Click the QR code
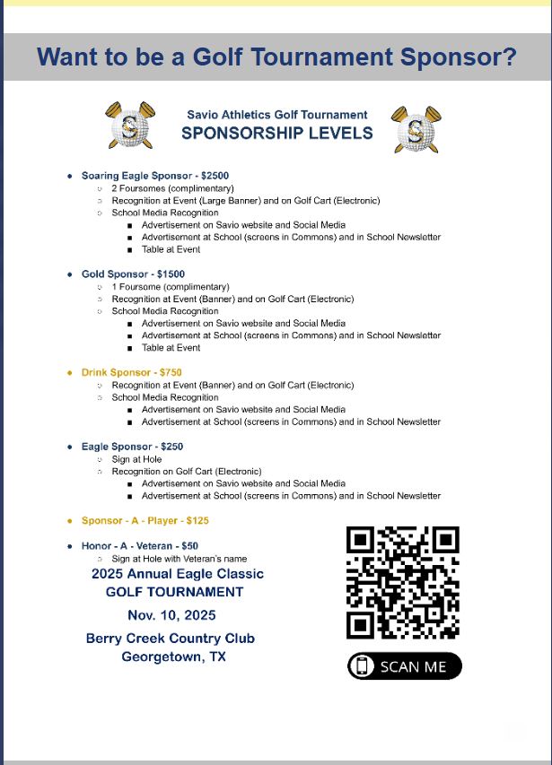coord(403,583)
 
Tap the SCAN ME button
coord(405,666)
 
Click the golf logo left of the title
coord(129,126)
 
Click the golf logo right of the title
coord(416,128)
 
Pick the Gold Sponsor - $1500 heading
coord(133,274)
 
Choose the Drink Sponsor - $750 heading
coord(131,372)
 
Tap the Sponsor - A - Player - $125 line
coord(145,520)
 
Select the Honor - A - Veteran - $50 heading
coord(139,545)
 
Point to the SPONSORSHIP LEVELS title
coord(276,134)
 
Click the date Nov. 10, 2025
coord(171,615)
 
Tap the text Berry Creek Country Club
coord(171,639)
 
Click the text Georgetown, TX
coord(173,657)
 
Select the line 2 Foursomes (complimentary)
coord(172,188)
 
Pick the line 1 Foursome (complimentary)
coord(170,287)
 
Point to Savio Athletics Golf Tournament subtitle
coord(277,115)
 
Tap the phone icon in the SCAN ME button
coord(363,666)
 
